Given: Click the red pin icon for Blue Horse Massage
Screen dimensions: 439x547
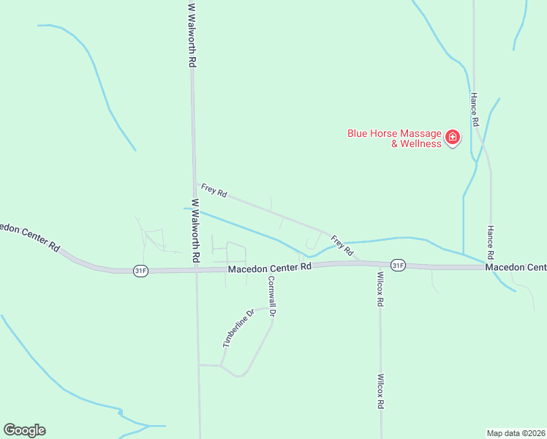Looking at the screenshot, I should (x=453, y=137).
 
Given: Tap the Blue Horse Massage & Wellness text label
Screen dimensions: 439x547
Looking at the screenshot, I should (x=395, y=138).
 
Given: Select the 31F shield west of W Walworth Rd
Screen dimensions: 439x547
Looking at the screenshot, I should (x=140, y=270).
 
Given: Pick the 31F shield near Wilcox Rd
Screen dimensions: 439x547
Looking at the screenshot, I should (x=397, y=265).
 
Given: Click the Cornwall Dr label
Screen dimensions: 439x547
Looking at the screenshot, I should (x=271, y=296).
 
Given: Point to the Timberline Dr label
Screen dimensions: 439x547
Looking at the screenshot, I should (x=238, y=329).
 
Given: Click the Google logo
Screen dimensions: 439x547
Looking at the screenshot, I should (x=24, y=430).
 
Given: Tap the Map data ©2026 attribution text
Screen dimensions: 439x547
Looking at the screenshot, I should (x=516, y=432).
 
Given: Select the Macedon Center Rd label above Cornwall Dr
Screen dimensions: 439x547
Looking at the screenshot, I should (x=269, y=268).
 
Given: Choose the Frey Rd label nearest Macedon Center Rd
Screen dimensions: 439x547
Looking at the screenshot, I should (x=342, y=245).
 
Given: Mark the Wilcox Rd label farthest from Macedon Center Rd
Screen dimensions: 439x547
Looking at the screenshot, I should (x=380, y=392).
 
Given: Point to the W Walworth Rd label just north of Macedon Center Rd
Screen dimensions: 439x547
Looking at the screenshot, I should (x=195, y=231).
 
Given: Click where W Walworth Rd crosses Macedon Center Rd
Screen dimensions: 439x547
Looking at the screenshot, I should (x=196, y=270).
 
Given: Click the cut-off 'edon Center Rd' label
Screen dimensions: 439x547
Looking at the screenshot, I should (x=29, y=236).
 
